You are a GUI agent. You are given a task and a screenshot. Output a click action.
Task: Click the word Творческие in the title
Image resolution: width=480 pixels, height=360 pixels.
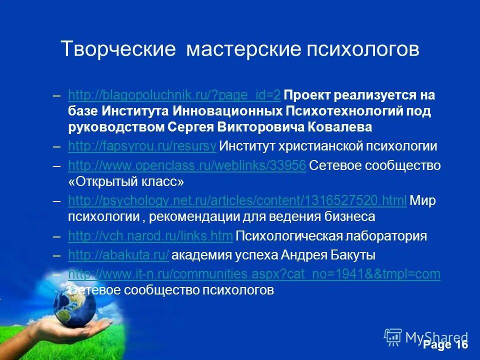(117, 49)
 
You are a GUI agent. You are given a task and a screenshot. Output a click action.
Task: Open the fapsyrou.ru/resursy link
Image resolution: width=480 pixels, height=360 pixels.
(142, 146)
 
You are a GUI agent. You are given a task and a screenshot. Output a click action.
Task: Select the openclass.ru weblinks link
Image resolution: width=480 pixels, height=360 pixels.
(187, 165)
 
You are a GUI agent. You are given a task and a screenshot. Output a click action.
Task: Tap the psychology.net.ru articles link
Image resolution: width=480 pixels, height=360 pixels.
(237, 201)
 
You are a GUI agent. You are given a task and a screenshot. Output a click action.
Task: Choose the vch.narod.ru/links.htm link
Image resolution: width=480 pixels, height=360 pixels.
(150, 236)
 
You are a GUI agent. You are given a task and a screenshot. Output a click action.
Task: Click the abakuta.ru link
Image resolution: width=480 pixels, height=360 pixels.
(119, 255)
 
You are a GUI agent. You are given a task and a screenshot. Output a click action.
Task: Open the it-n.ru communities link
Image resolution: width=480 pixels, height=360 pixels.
(254, 274)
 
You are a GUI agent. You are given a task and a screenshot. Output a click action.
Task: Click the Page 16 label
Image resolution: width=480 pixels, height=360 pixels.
(445, 345)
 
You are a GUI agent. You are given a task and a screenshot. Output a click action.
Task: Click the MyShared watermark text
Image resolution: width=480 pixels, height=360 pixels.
(436, 337)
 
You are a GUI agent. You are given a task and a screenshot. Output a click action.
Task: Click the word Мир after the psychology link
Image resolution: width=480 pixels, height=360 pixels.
(423, 201)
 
